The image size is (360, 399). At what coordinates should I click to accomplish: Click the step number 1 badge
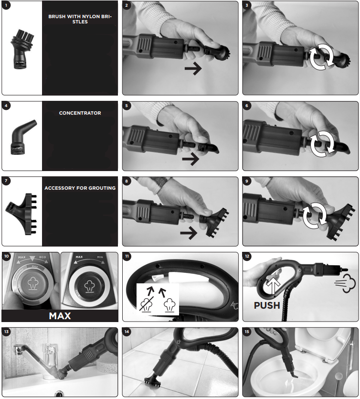tap(6, 5)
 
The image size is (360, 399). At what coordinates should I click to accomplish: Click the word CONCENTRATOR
tap(80, 113)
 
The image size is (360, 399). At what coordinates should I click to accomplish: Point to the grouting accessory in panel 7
tap(21, 214)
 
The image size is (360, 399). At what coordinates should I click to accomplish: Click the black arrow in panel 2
tap(193, 68)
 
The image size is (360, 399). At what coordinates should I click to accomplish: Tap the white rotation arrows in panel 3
tap(321, 57)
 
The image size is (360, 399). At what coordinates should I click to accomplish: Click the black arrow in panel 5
tap(191, 159)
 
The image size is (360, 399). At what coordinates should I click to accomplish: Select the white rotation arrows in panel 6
tap(322, 144)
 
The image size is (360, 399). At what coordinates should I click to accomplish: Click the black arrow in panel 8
tap(189, 233)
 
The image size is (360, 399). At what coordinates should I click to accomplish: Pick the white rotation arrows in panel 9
tap(315, 216)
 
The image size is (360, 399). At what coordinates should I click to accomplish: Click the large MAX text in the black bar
tap(60, 316)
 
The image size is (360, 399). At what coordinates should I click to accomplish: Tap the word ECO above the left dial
tap(42, 257)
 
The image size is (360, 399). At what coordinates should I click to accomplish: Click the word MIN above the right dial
tap(100, 257)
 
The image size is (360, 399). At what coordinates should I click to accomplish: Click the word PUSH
tap(267, 305)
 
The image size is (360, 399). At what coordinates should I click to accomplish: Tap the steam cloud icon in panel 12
tap(345, 283)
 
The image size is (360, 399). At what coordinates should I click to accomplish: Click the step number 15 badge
tap(247, 332)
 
